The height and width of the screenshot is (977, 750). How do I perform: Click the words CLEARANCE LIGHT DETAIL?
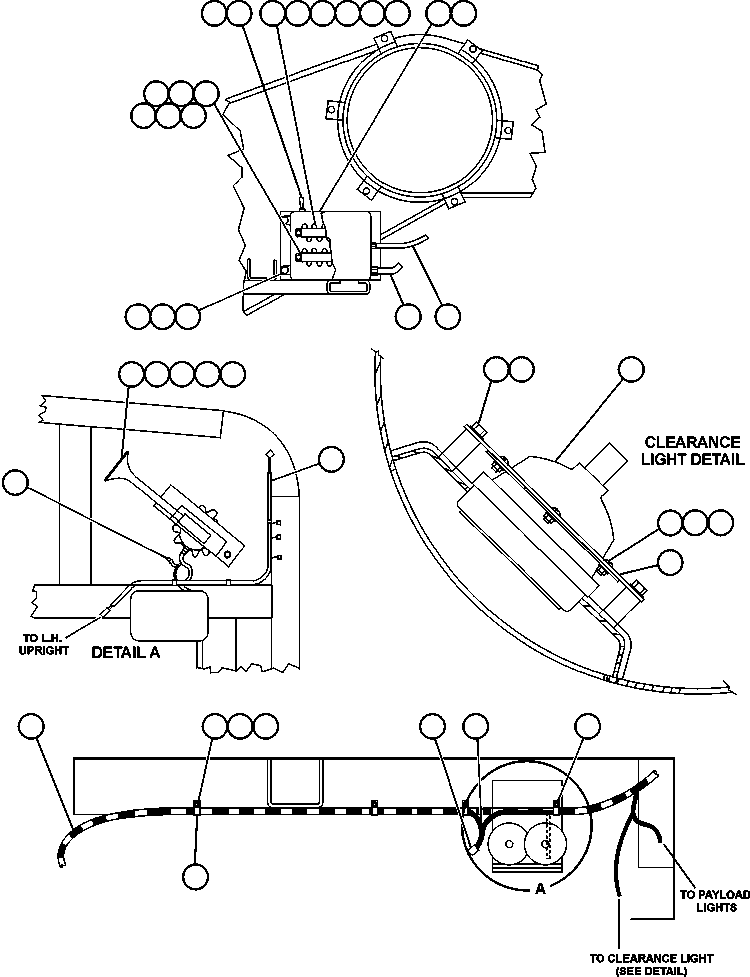coord(692,450)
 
